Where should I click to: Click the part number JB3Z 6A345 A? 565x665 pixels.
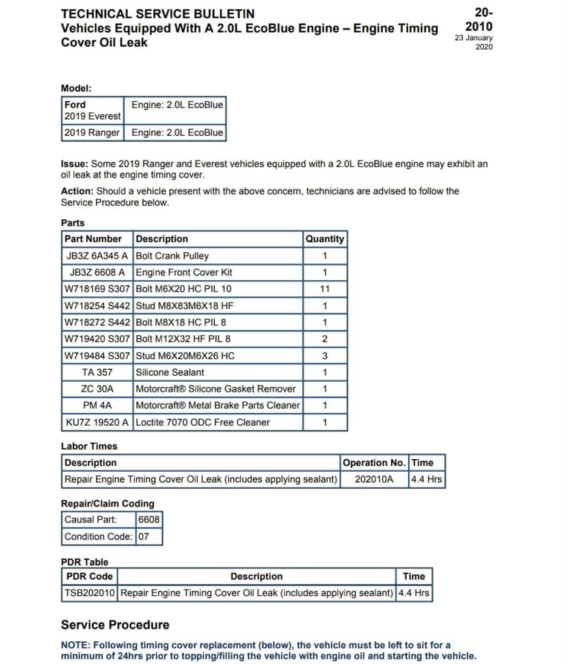click(x=97, y=256)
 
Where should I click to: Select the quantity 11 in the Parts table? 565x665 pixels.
click(x=324, y=289)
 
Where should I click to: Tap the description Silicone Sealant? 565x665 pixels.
click(x=169, y=372)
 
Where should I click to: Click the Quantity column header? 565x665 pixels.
click(x=324, y=239)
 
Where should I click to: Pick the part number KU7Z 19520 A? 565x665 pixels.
click(x=97, y=422)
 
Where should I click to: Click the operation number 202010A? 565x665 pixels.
click(x=374, y=479)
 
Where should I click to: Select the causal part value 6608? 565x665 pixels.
click(x=149, y=520)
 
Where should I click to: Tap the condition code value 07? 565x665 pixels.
click(x=144, y=536)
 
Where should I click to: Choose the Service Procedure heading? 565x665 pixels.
click(x=115, y=625)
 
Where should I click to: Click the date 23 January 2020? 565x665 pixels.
click(x=474, y=42)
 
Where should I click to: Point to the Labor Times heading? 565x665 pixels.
click(x=89, y=447)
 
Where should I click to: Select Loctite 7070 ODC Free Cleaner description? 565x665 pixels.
click(x=203, y=422)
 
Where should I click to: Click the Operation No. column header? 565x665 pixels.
click(x=374, y=463)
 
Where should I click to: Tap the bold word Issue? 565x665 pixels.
click(x=75, y=163)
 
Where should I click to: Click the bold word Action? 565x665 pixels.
click(x=77, y=191)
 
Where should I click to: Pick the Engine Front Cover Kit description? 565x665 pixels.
click(x=184, y=273)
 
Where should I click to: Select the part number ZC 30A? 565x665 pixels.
click(x=97, y=389)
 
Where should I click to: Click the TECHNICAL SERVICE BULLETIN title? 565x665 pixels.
click(x=158, y=13)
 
